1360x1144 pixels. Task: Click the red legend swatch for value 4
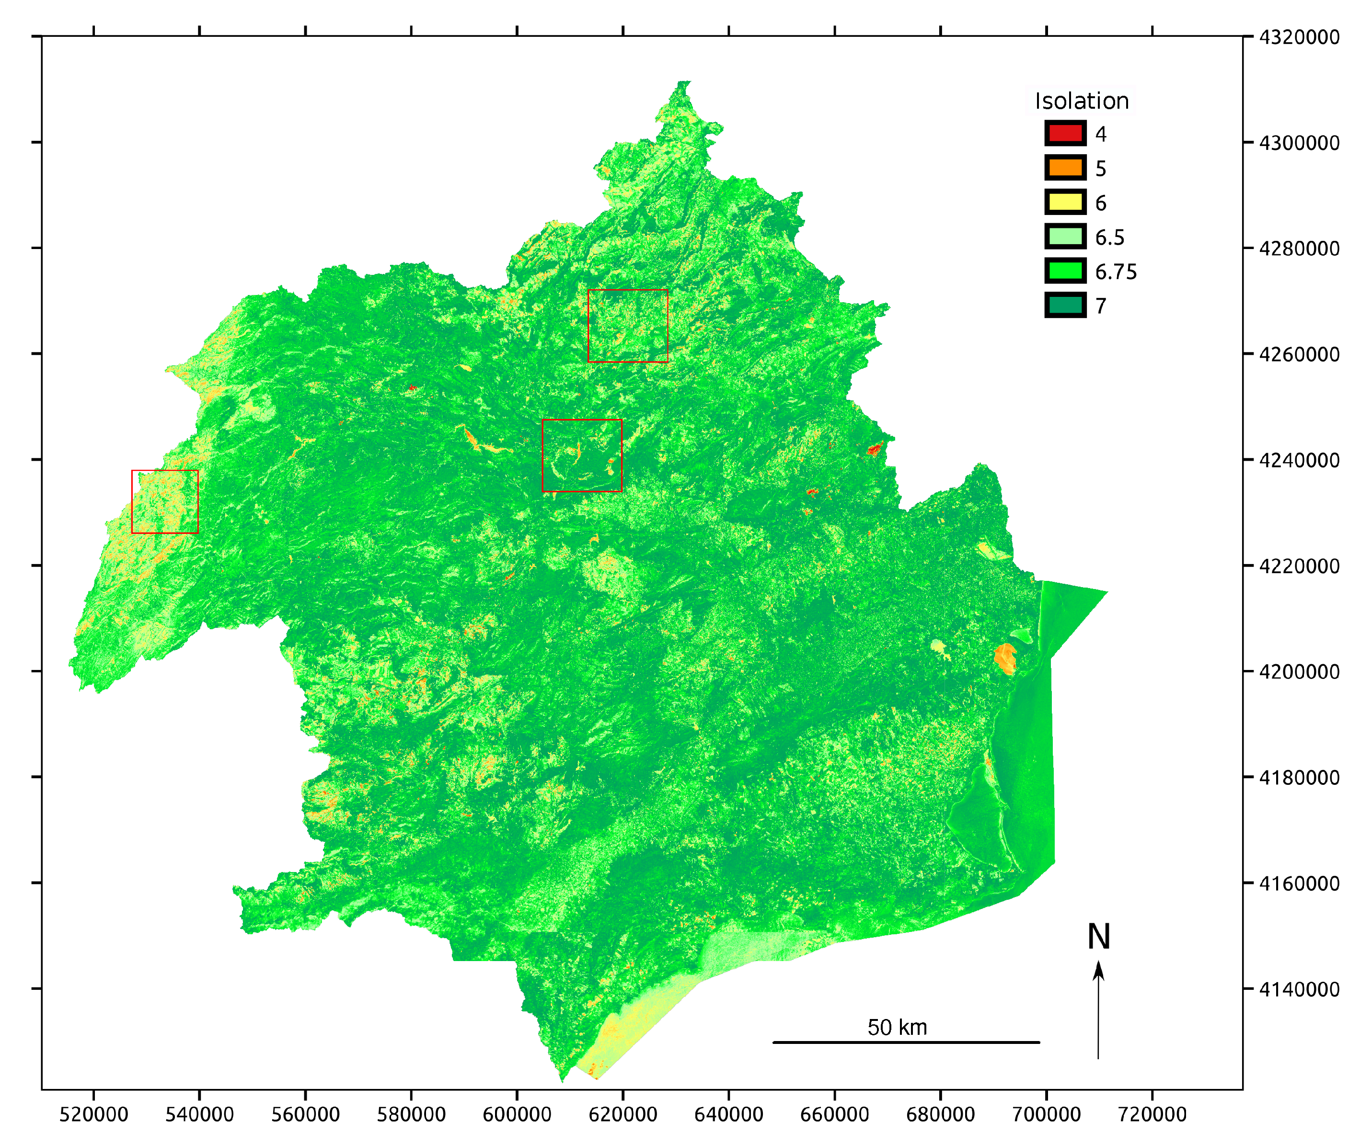(1065, 134)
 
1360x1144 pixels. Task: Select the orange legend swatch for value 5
(1065, 168)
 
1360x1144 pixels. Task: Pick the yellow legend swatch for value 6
(1065, 203)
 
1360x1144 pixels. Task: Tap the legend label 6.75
(1116, 272)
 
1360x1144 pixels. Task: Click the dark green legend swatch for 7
(1065, 306)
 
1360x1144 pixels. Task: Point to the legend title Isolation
(1082, 101)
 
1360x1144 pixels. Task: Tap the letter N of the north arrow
(1098, 937)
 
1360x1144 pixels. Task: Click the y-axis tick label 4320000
(1299, 37)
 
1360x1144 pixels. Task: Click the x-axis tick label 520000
(93, 1114)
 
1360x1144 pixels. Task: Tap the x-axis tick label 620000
(623, 1114)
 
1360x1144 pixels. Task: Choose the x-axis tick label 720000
(1153, 1114)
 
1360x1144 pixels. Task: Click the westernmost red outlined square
(165, 502)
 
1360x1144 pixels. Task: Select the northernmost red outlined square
(627, 326)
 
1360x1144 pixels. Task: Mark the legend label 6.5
(1109, 238)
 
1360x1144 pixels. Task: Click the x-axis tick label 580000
(411, 1114)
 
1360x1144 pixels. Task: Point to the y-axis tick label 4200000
(1299, 672)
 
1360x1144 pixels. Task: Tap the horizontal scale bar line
(906, 1042)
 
